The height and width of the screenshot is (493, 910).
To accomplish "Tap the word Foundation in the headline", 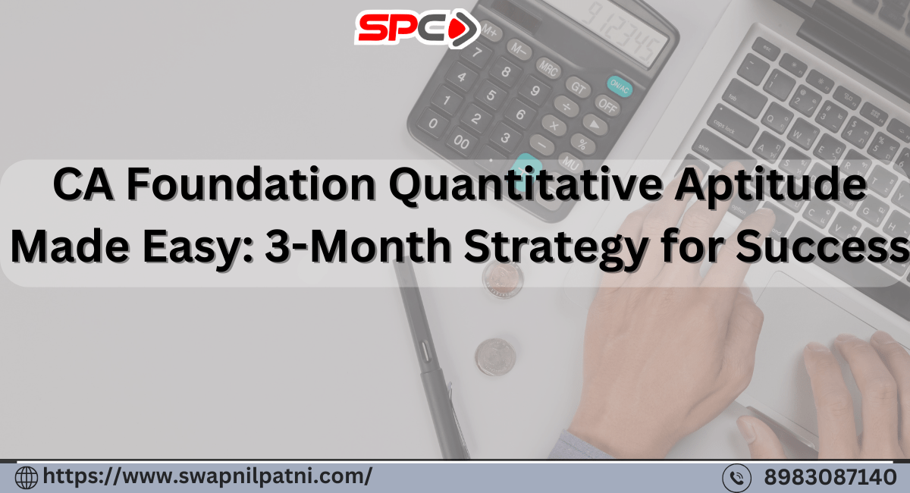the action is pos(251,184).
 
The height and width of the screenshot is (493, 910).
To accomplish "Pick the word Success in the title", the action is pos(823,246).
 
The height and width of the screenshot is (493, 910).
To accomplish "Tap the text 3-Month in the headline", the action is pos(357,246).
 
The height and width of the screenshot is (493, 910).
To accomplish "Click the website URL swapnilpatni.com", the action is pos(207,476).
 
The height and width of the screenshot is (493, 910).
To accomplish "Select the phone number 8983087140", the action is pos(830,477).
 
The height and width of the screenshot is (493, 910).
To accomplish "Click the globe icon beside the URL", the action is pos(27,477).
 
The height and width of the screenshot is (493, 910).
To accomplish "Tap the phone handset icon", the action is pos(736,478).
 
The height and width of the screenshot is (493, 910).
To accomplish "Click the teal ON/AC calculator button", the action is pos(619,86).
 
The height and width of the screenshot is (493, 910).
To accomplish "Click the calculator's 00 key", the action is pos(461,142).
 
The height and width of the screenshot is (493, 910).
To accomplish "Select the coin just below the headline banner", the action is pos(503,280).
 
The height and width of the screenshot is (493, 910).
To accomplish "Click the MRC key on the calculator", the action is pos(548,68).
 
